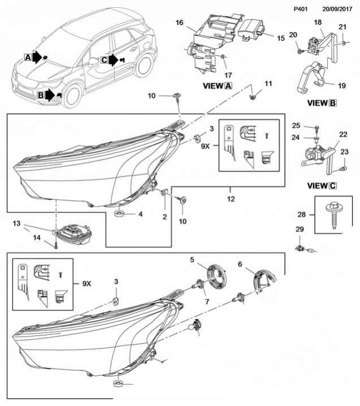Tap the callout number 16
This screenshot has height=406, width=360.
coord(180,24)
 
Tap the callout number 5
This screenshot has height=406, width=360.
coord(192,260)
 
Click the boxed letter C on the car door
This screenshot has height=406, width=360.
coord(104,59)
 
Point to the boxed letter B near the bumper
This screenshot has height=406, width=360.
coord(41,96)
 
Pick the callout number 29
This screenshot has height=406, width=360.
coord(300,229)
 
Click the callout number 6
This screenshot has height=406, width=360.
coord(240,264)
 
